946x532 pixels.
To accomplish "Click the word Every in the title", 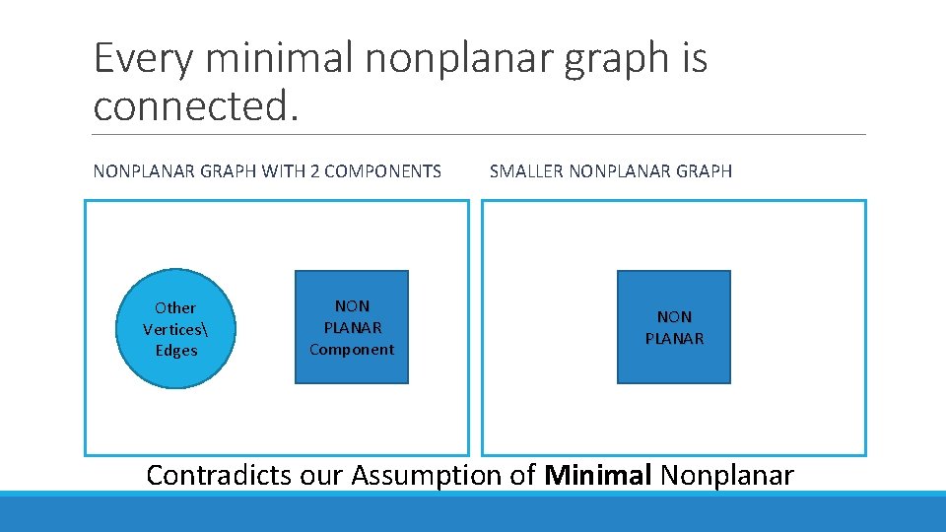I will pos(146,60).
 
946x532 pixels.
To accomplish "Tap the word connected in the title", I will pos(193,105).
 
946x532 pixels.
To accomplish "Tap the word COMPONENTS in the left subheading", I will pos(382,171).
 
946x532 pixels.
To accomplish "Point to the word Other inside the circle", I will pos(175,308).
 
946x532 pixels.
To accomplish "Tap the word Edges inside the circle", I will pos(176,351).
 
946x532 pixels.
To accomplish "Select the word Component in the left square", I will pos(352,350).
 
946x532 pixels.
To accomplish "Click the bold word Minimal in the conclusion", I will pos(598,476).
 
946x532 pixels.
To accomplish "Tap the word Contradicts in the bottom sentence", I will pos(218,476).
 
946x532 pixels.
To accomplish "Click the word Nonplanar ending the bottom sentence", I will pos(727,476).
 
